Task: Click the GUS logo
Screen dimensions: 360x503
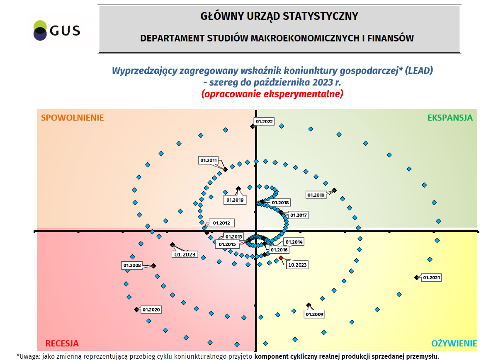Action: point(57,30)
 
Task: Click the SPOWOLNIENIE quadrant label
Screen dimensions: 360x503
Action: point(72,118)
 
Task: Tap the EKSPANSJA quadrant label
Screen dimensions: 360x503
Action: point(450,118)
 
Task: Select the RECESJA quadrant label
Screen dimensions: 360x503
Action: point(62,343)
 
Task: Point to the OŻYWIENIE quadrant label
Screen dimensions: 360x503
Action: point(454,343)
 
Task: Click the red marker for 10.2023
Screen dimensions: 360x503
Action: point(281,258)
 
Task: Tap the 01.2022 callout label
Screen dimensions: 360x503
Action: point(264,122)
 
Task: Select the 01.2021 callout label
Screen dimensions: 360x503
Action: point(431,278)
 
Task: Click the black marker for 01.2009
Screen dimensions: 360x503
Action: point(308,305)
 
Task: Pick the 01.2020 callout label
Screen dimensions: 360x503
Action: point(151,309)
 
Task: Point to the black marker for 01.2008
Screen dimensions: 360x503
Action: point(153,266)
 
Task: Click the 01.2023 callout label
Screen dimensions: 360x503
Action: point(185,254)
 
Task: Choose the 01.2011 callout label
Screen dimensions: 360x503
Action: point(209,160)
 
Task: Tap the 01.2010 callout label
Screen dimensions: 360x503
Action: point(316,195)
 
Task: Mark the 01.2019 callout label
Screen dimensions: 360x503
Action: point(236,200)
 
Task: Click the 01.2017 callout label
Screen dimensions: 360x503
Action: point(298,215)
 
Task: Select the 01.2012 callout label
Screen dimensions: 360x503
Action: point(221,223)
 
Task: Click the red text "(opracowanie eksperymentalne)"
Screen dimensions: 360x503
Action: point(272,94)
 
